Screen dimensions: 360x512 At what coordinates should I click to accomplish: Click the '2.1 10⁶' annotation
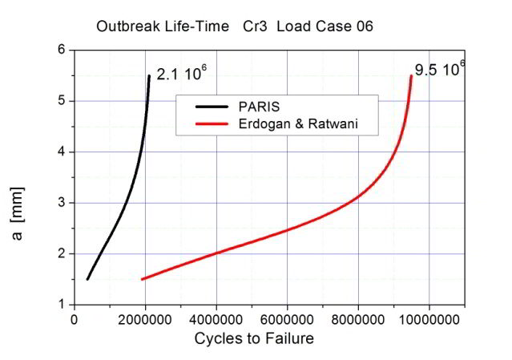tap(181, 74)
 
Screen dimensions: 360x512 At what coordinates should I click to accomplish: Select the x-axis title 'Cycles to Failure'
tap(254, 338)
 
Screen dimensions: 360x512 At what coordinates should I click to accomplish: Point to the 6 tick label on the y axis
tap(61, 50)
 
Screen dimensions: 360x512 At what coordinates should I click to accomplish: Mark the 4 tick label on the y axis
tap(61, 152)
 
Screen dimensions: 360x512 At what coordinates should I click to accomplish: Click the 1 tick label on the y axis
tap(61, 305)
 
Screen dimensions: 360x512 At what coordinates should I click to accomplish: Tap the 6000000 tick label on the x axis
tap(287, 319)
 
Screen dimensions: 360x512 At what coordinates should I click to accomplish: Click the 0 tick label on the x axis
tap(75, 319)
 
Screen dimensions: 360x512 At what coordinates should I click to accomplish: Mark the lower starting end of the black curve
tap(87, 279)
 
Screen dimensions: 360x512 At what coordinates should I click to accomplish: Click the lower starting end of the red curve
tap(142, 279)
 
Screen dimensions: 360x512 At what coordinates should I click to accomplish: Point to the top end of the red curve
tap(411, 76)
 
